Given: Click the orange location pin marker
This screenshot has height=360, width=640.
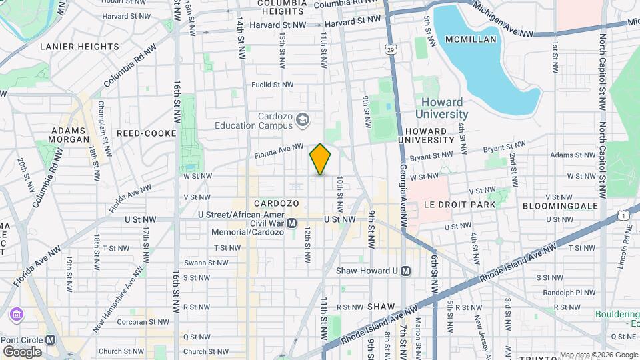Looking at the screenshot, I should (x=320, y=159).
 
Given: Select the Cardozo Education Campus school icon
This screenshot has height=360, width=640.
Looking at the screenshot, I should (x=303, y=119).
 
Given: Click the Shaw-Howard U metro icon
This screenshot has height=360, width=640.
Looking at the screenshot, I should (x=405, y=271).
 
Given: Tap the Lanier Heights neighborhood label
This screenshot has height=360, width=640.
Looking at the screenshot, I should (x=79, y=47).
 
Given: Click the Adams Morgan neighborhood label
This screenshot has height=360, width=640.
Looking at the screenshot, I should (x=69, y=135).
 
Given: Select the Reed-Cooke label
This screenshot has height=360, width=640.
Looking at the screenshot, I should (x=145, y=133).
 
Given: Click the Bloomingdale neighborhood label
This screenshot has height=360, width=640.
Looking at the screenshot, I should (x=560, y=206).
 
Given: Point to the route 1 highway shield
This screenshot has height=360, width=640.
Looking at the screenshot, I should (x=623, y=215).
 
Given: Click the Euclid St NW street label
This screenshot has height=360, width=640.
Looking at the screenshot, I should (x=272, y=85).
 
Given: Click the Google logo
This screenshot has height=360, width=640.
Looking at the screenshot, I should (x=23, y=351).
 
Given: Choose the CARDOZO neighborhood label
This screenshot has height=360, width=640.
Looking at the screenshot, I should (x=276, y=203).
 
